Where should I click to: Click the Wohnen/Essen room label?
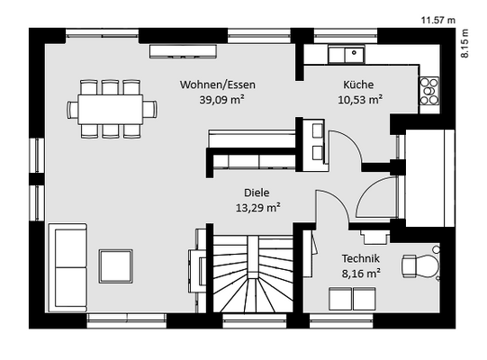pos(218,85)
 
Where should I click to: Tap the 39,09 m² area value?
pos(221,100)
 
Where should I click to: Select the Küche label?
pos(358,85)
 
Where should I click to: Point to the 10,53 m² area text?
pos(360,100)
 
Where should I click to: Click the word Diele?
pos(257,193)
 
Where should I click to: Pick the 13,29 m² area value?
pos(258,208)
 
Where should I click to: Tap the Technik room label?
pos(361,258)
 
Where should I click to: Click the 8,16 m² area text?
pos(361,274)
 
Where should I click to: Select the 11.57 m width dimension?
pos(437,21)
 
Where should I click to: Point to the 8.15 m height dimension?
pos(464,43)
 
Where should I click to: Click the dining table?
pos(110,109)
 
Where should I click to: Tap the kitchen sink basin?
pos(354,55)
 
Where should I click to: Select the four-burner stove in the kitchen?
pos(429,91)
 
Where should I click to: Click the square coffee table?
pos(116,266)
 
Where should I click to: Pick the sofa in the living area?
pos(68,267)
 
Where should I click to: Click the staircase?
pos(253,274)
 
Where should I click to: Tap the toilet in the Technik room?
pos(421,265)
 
